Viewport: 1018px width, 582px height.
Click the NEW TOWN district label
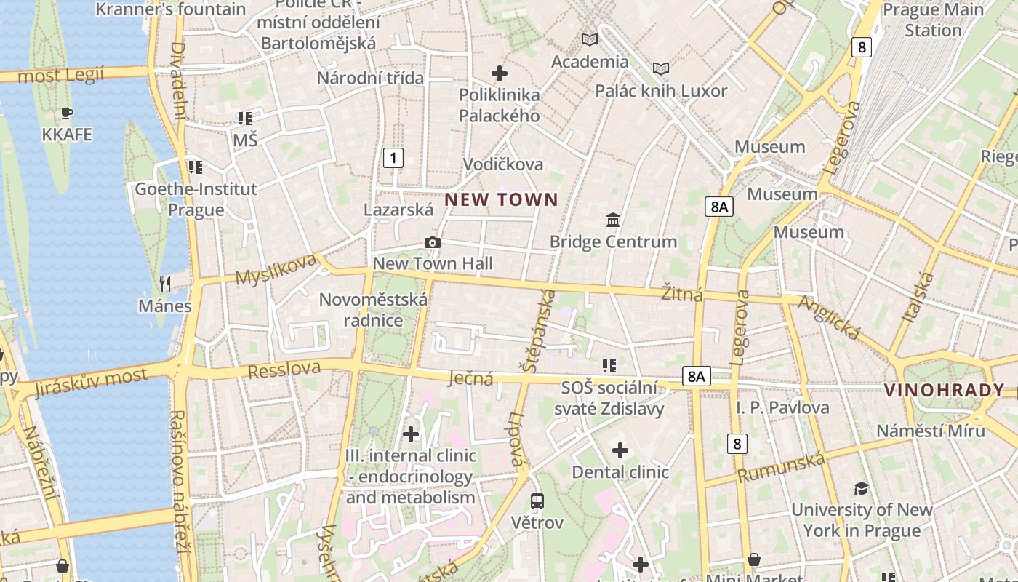click(x=501, y=199)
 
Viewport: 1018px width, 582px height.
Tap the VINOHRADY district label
click(x=944, y=390)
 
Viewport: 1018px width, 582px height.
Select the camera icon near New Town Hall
click(x=433, y=243)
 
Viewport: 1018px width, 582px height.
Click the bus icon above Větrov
click(x=537, y=501)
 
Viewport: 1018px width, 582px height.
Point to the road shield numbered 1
click(x=393, y=157)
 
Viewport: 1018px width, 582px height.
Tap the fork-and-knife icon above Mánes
click(x=166, y=284)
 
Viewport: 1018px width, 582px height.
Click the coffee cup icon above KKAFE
click(x=67, y=113)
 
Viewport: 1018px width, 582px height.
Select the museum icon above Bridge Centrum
click(x=613, y=220)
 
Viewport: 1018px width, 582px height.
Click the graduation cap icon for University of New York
click(x=861, y=487)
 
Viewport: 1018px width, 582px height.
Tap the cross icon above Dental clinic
click(x=620, y=450)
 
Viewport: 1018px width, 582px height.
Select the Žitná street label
click(x=681, y=293)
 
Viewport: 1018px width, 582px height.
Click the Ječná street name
click(x=470, y=378)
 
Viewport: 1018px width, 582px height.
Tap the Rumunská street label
click(x=782, y=467)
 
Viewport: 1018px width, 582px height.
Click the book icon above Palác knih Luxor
click(x=660, y=68)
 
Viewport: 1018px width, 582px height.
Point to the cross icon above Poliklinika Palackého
click(x=500, y=73)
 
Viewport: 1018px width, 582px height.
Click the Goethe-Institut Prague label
click(x=196, y=199)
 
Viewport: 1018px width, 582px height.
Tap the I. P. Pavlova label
click(x=782, y=407)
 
